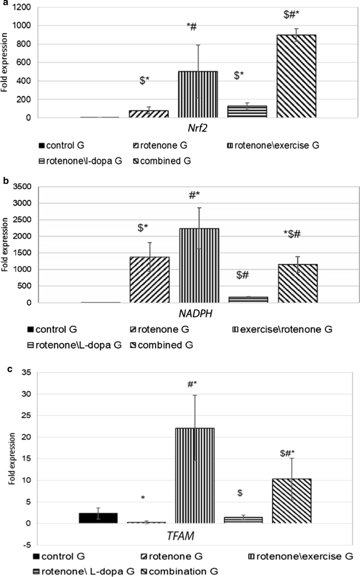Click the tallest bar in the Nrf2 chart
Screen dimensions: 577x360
296,76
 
